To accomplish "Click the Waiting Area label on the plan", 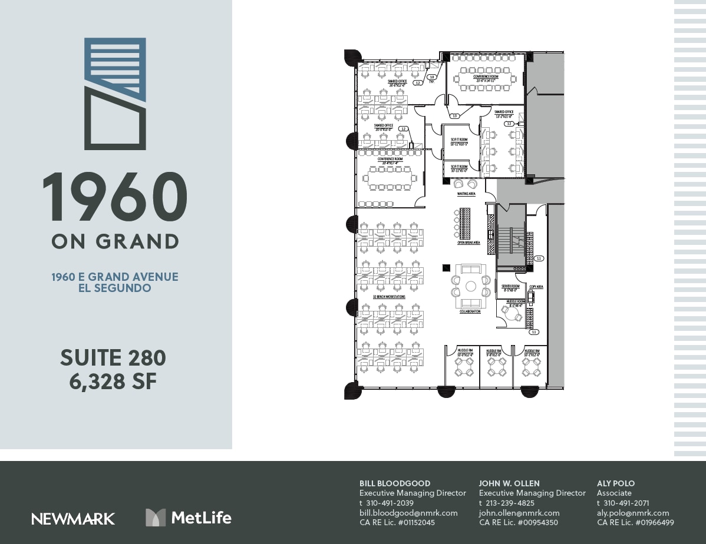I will [x=466, y=194].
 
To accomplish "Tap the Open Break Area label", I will [x=469, y=243].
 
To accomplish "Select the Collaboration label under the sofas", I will [x=470, y=311].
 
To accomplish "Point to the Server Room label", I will [x=510, y=287].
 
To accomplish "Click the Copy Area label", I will [x=536, y=287].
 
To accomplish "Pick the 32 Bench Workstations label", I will [x=389, y=297].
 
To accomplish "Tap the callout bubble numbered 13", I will [x=454, y=115].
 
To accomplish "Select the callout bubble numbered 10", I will [x=432, y=77].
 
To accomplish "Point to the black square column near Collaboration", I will [x=446, y=268].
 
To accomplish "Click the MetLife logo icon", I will [x=156, y=518].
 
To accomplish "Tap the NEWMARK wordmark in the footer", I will [x=73, y=519].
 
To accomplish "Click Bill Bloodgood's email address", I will [x=408, y=513].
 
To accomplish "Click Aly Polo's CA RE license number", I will [x=635, y=522].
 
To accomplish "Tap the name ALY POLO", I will [x=616, y=483].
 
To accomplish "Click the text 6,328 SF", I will [x=113, y=382].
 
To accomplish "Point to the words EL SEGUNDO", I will [x=114, y=288].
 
